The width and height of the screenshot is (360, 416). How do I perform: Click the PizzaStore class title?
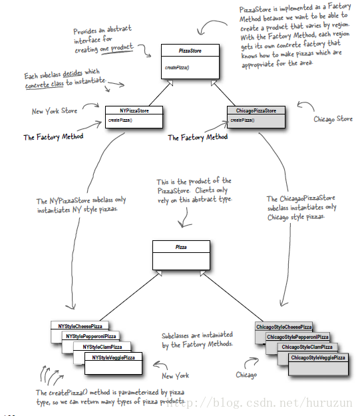click(x=190, y=51)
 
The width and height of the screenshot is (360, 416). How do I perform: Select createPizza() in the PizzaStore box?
click(x=177, y=68)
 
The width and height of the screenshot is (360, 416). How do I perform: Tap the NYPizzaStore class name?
click(x=134, y=110)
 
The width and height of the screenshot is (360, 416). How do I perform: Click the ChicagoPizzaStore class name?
click(x=256, y=110)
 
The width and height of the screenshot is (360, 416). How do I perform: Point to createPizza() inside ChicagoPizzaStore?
click(x=242, y=120)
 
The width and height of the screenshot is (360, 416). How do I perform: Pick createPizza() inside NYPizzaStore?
click(x=120, y=120)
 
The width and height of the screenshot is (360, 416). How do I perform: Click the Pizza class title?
click(x=181, y=247)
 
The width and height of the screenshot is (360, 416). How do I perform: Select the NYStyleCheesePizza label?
click(x=80, y=326)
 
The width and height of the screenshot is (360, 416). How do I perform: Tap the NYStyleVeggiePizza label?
click(x=114, y=357)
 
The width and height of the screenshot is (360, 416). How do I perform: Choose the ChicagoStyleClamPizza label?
click(x=307, y=347)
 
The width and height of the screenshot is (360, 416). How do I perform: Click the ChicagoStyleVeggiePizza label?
click(x=318, y=357)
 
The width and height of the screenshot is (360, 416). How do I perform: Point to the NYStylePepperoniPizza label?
click(x=91, y=336)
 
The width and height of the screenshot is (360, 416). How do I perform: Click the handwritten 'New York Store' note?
click(x=55, y=111)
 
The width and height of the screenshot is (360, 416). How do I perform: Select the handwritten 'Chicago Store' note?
click(x=333, y=119)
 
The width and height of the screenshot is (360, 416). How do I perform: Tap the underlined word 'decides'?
click(x=73, y=73)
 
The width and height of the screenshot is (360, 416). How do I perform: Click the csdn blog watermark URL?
click(x=258, y=403)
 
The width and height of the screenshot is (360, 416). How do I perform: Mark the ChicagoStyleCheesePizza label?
click(x=284, y=327)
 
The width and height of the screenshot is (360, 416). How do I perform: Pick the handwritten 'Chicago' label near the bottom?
click(x=246, y=375)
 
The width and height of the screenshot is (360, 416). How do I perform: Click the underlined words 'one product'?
click(x=116, y=49)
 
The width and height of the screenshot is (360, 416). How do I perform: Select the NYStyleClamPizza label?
click(x=102, y=347)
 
